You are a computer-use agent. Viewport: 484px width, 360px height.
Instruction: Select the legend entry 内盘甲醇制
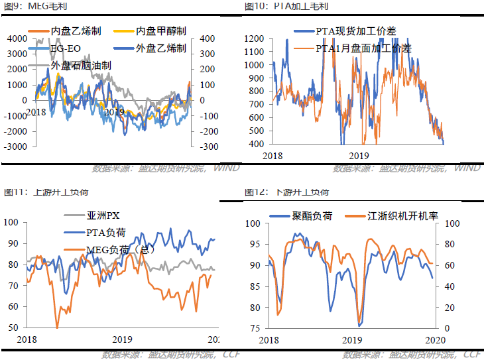pos(160,30)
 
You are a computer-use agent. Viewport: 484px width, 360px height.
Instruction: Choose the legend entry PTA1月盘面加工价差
pos(363,48)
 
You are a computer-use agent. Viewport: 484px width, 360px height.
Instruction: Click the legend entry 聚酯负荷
pos(312,215)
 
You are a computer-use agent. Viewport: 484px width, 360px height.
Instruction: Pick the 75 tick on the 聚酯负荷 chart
pos(256,328)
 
